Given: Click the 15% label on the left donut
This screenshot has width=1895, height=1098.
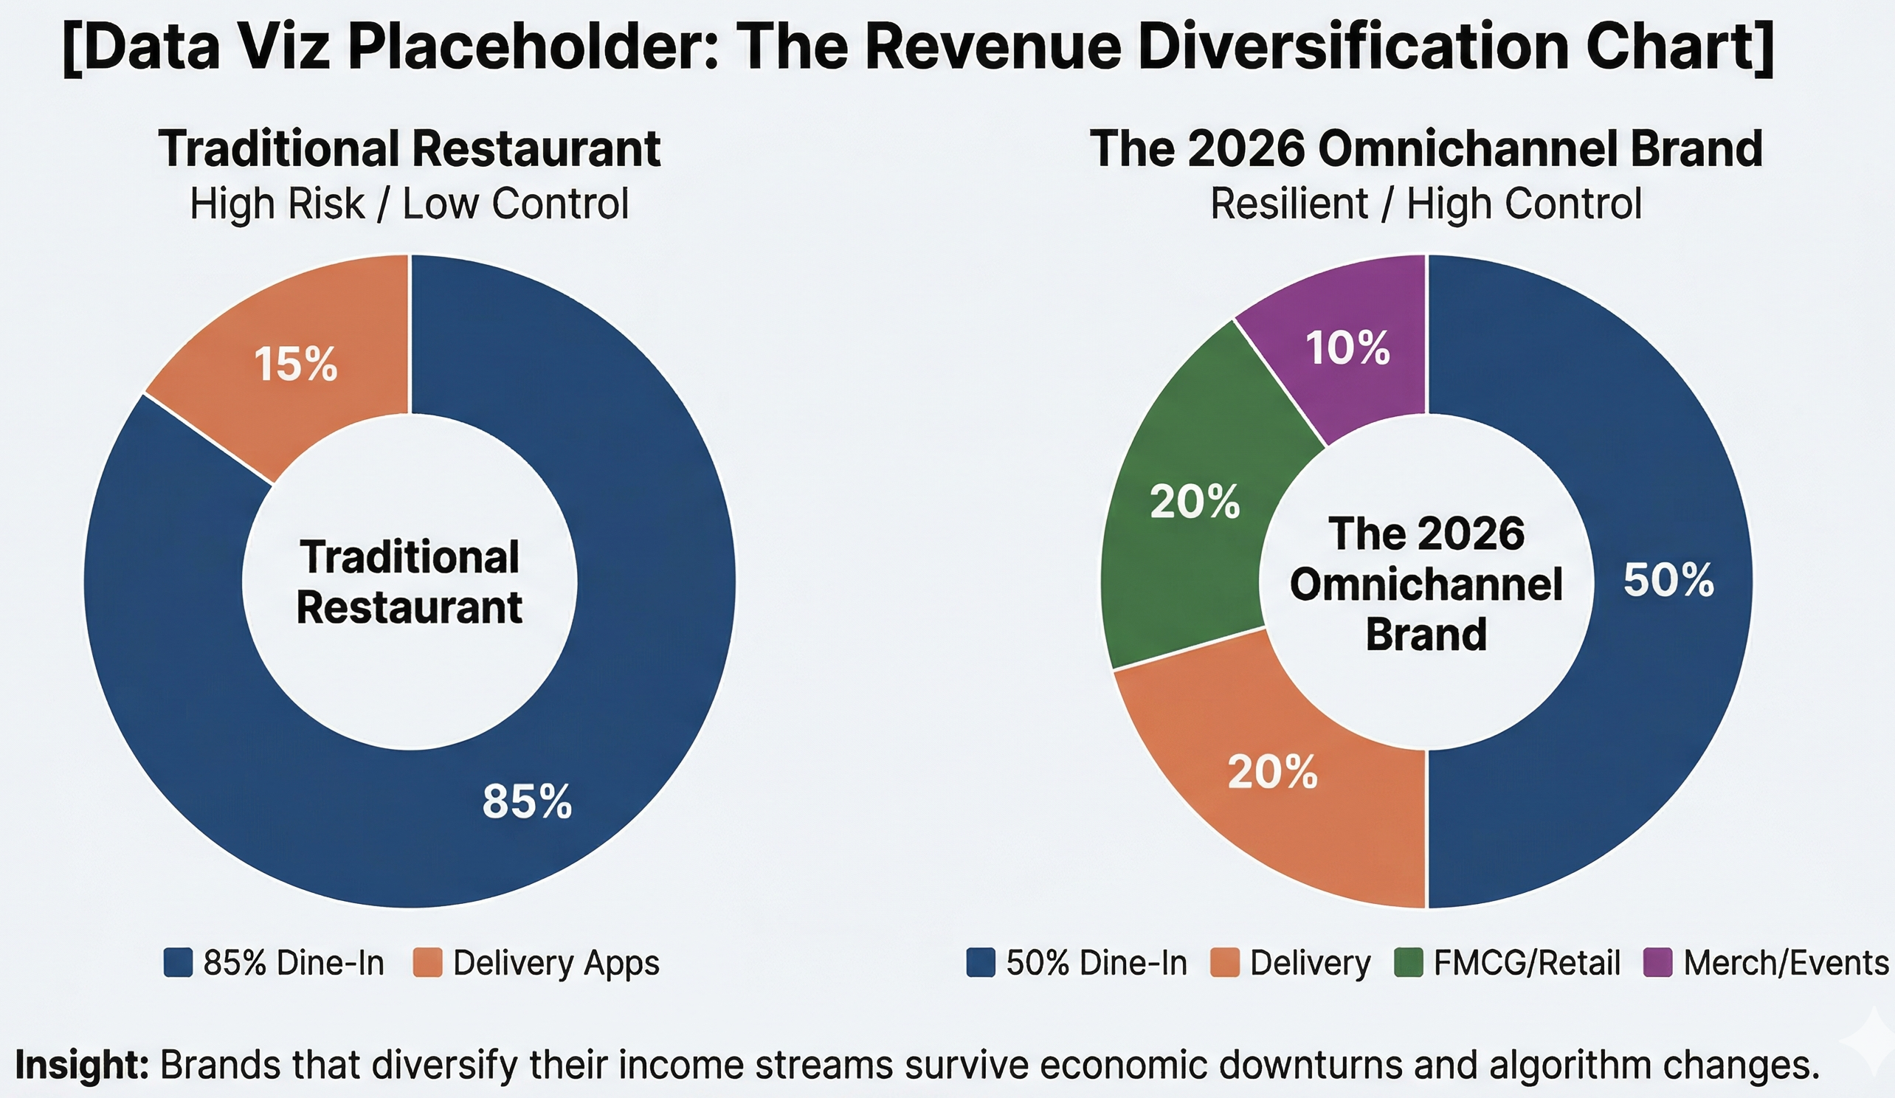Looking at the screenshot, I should pyautogui.click(x=295, y=365).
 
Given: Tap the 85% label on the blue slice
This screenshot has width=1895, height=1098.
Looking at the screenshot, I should pyautogui.click(x=527, y=801).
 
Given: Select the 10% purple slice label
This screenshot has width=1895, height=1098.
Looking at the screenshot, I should pyautogui.click(x=1347, y=349).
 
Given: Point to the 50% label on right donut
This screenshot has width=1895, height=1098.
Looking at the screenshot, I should pyautogui.click(x=1668, y=580).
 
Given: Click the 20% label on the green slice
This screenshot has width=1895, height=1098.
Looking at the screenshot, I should pyautogui.click(x=1195, y=502).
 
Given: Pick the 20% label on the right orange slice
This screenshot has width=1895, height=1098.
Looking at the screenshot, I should pyautogui.click(x=1272, y=773).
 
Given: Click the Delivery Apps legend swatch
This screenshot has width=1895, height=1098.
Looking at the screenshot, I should pyautogui.click(x=427, y=963).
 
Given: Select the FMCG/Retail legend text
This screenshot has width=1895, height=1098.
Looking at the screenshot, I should pyautogui.click(x=1527, y=963).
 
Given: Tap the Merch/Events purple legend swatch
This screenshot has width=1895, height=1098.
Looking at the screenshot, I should pyautogui.click(x=1657, y=963).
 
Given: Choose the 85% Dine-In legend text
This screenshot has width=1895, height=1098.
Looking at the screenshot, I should pyautogui.click(x=293, y=963).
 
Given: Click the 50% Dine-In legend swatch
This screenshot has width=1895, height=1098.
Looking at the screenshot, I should pyautogui.click(x=981, y=963).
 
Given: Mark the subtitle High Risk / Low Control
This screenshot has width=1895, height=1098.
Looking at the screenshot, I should pyautogui.click(x=409, y=204).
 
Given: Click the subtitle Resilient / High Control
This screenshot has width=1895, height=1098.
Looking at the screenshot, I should pyautogui.click(x=1426, y=204).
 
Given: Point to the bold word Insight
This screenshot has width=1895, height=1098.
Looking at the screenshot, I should pyautogui.click(x=81, y=1065).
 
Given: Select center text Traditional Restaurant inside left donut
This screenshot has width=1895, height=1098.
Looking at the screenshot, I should pyautogui.click(x=409, y=582).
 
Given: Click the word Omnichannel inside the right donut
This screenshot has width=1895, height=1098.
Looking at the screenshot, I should pyautogui.click(x=1426, y=584).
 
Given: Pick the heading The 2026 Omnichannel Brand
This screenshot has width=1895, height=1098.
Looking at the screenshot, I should pyautogui.click(x=1426, y=148).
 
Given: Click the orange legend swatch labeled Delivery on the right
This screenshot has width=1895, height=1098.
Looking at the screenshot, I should pyautogui.click(x=1224, y=963).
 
